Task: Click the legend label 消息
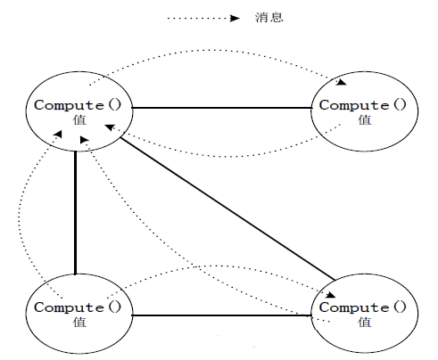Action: (269, 17)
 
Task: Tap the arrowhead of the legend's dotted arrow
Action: (235, 19)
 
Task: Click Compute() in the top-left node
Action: (78, 105)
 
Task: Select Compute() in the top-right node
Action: (363, 105)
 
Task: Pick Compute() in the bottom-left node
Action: (78, 307)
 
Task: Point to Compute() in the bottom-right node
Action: (363, 307)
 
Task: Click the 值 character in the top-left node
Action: (79, 120)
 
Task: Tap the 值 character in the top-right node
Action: (365, 120)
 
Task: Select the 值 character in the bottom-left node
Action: (79, 322)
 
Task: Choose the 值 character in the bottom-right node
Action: (365, 322)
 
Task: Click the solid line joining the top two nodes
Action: (222, 108)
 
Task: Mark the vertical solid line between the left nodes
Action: (76, 213)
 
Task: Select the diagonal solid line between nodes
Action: (227, 209)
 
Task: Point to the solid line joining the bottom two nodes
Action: (222, 315)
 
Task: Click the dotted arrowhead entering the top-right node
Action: (342, 82)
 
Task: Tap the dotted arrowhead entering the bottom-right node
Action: (330, 295)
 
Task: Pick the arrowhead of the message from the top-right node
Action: (111, 127)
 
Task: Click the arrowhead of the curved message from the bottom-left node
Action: (57, 135)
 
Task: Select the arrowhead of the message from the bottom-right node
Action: (85, 140)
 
